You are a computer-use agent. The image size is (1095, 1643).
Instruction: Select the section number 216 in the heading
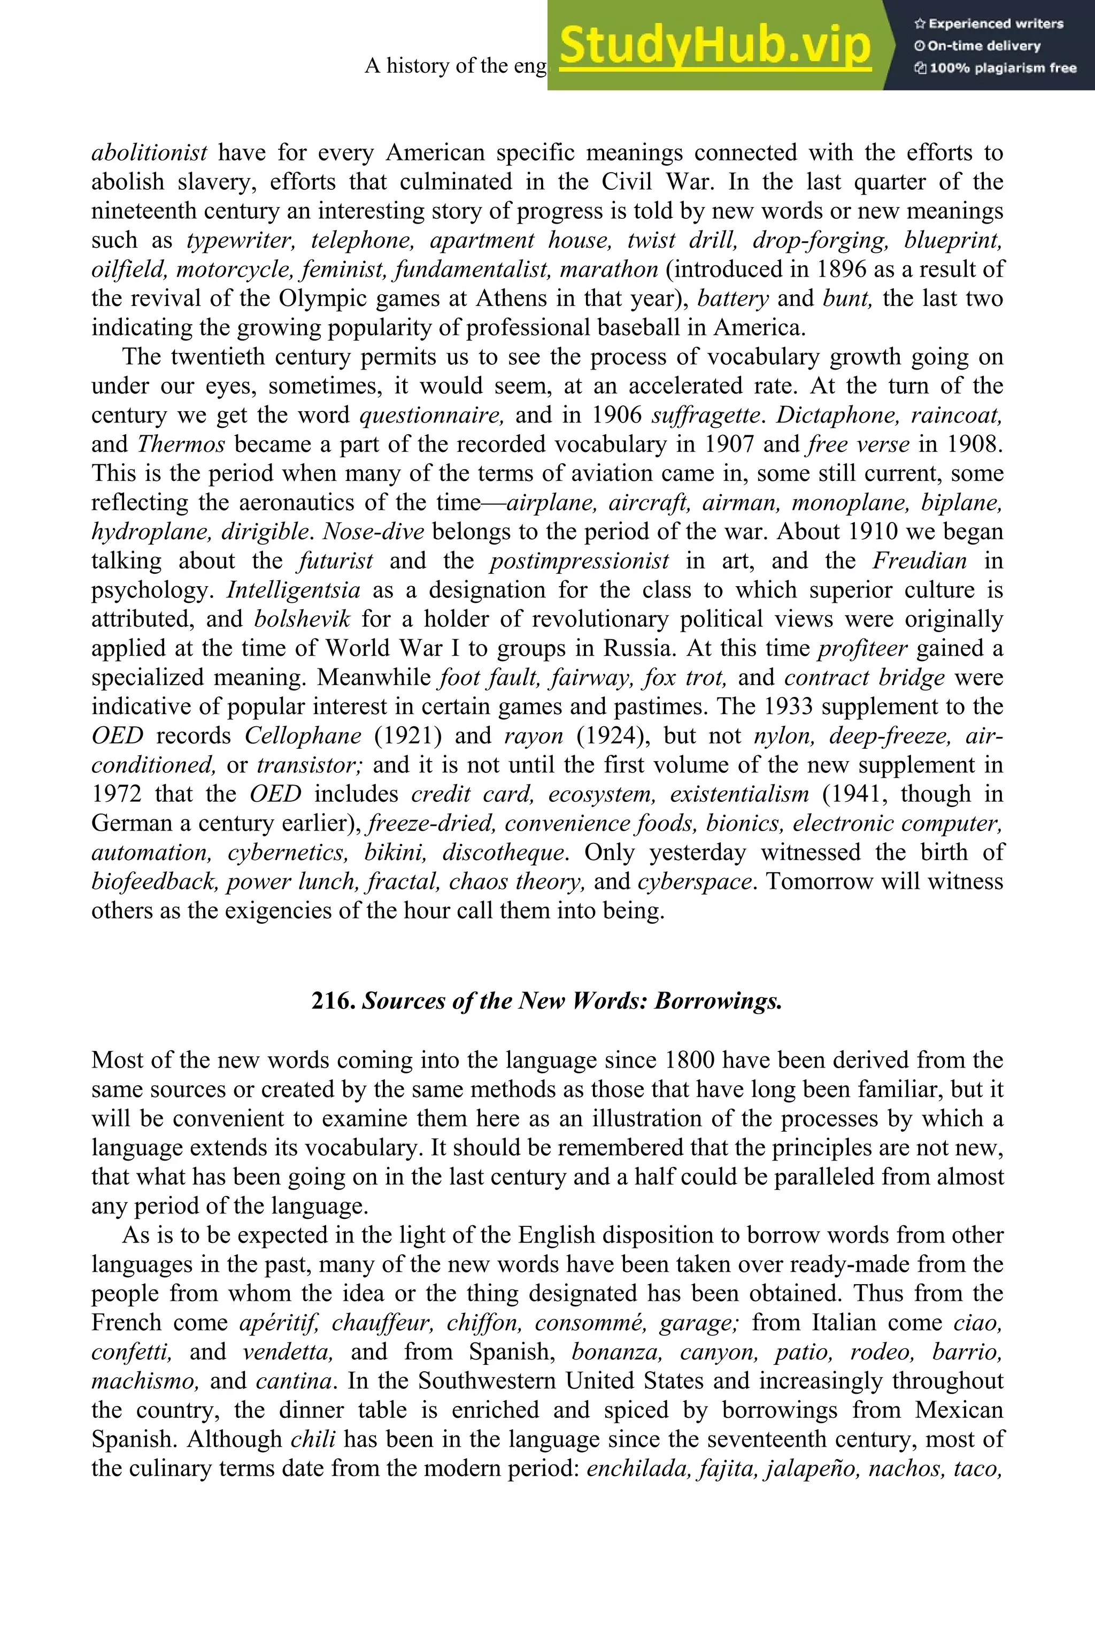[x=334, y=1001]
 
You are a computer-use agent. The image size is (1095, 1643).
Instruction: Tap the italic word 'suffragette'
[x=705, y=416]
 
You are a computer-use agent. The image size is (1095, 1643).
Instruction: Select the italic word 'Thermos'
[x=181, y=445]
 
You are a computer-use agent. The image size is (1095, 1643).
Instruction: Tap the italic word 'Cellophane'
[x=303, y=736]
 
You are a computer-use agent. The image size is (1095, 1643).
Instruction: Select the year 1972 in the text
[x=116, y=794]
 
